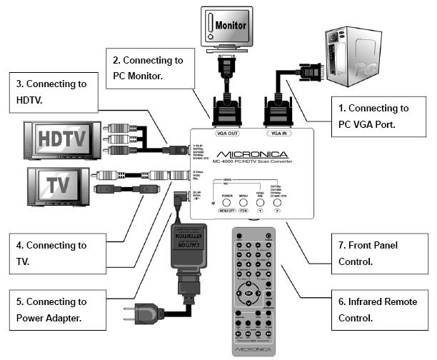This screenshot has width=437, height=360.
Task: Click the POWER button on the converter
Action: pos(227,202)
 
